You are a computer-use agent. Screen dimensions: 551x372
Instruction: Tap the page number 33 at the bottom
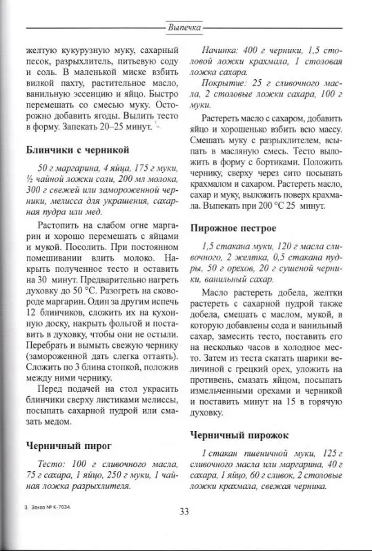184,511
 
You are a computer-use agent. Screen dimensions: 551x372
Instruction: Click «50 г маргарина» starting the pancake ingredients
65,169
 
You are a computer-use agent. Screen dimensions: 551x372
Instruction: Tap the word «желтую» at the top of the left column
39,50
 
